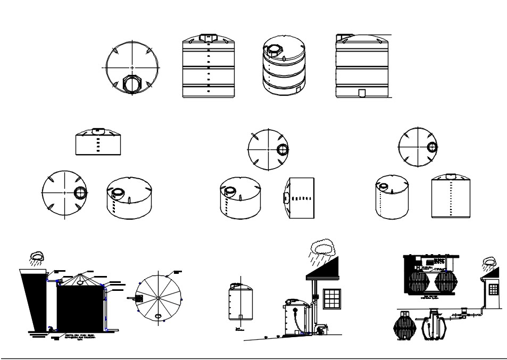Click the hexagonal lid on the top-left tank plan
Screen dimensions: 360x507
(131, 83)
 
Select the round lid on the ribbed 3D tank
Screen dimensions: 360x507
(275, 49)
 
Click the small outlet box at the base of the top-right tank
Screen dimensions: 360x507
(362, 93)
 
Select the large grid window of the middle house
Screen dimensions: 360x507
(331, 298)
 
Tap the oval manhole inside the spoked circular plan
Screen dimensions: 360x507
(159, 317)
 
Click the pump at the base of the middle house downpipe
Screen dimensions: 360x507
(321, 330)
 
